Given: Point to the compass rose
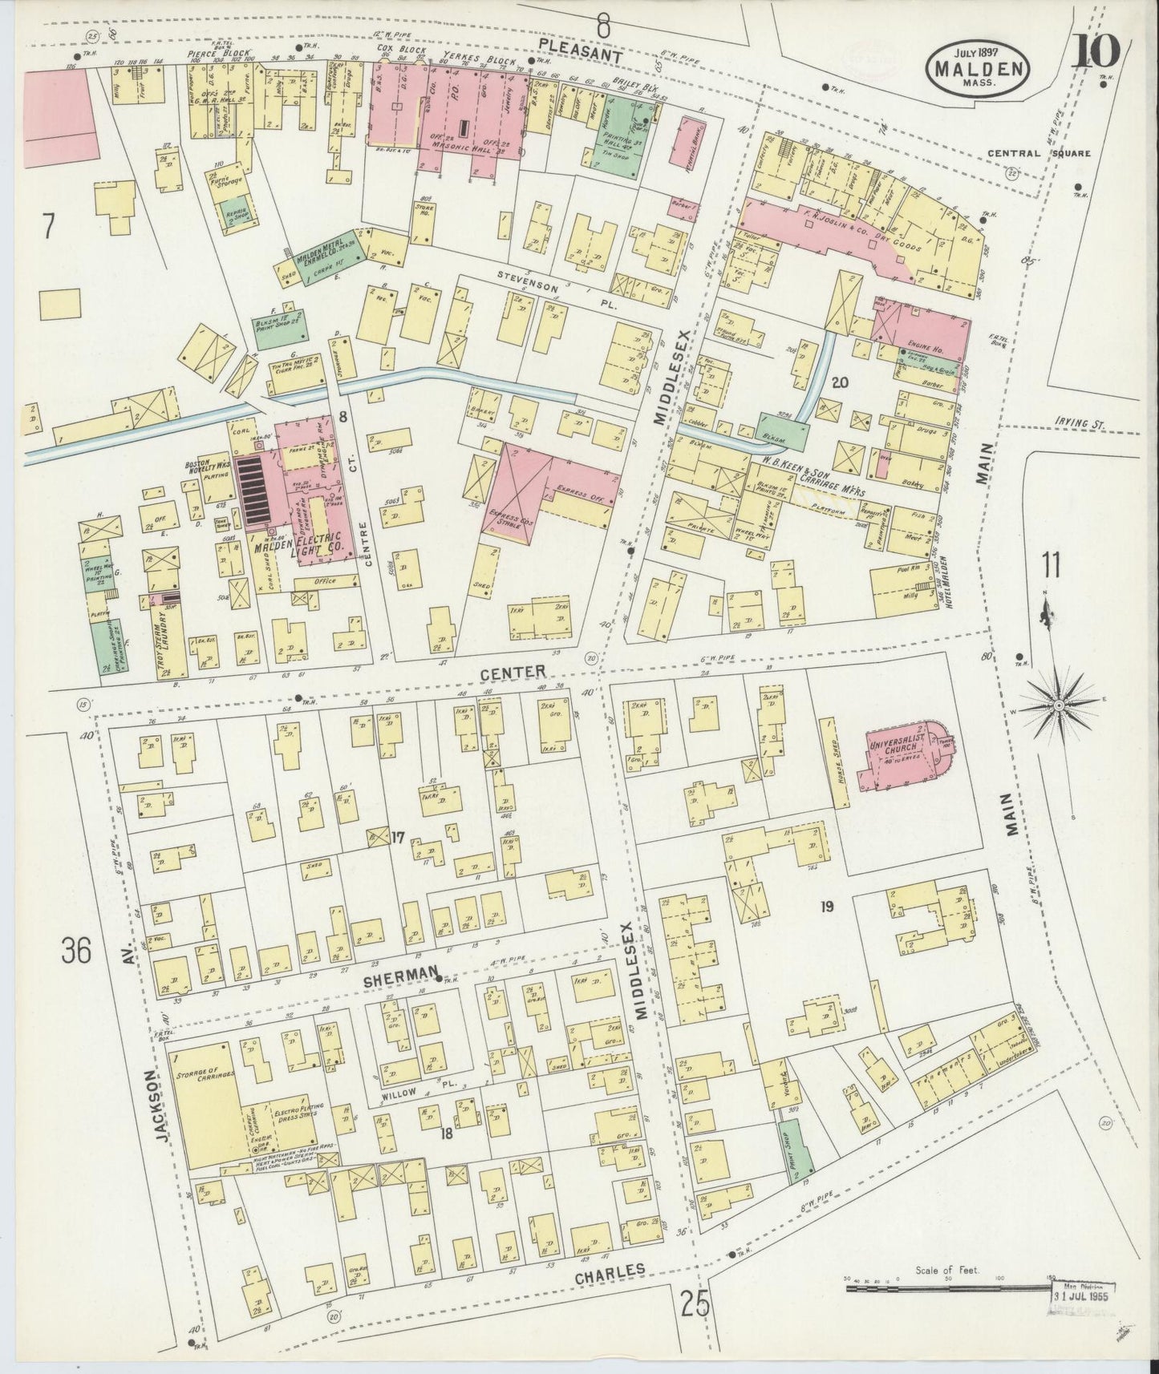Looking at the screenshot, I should (x=1059, y=705).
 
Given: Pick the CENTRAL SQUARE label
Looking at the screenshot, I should (x=1038, y=153).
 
